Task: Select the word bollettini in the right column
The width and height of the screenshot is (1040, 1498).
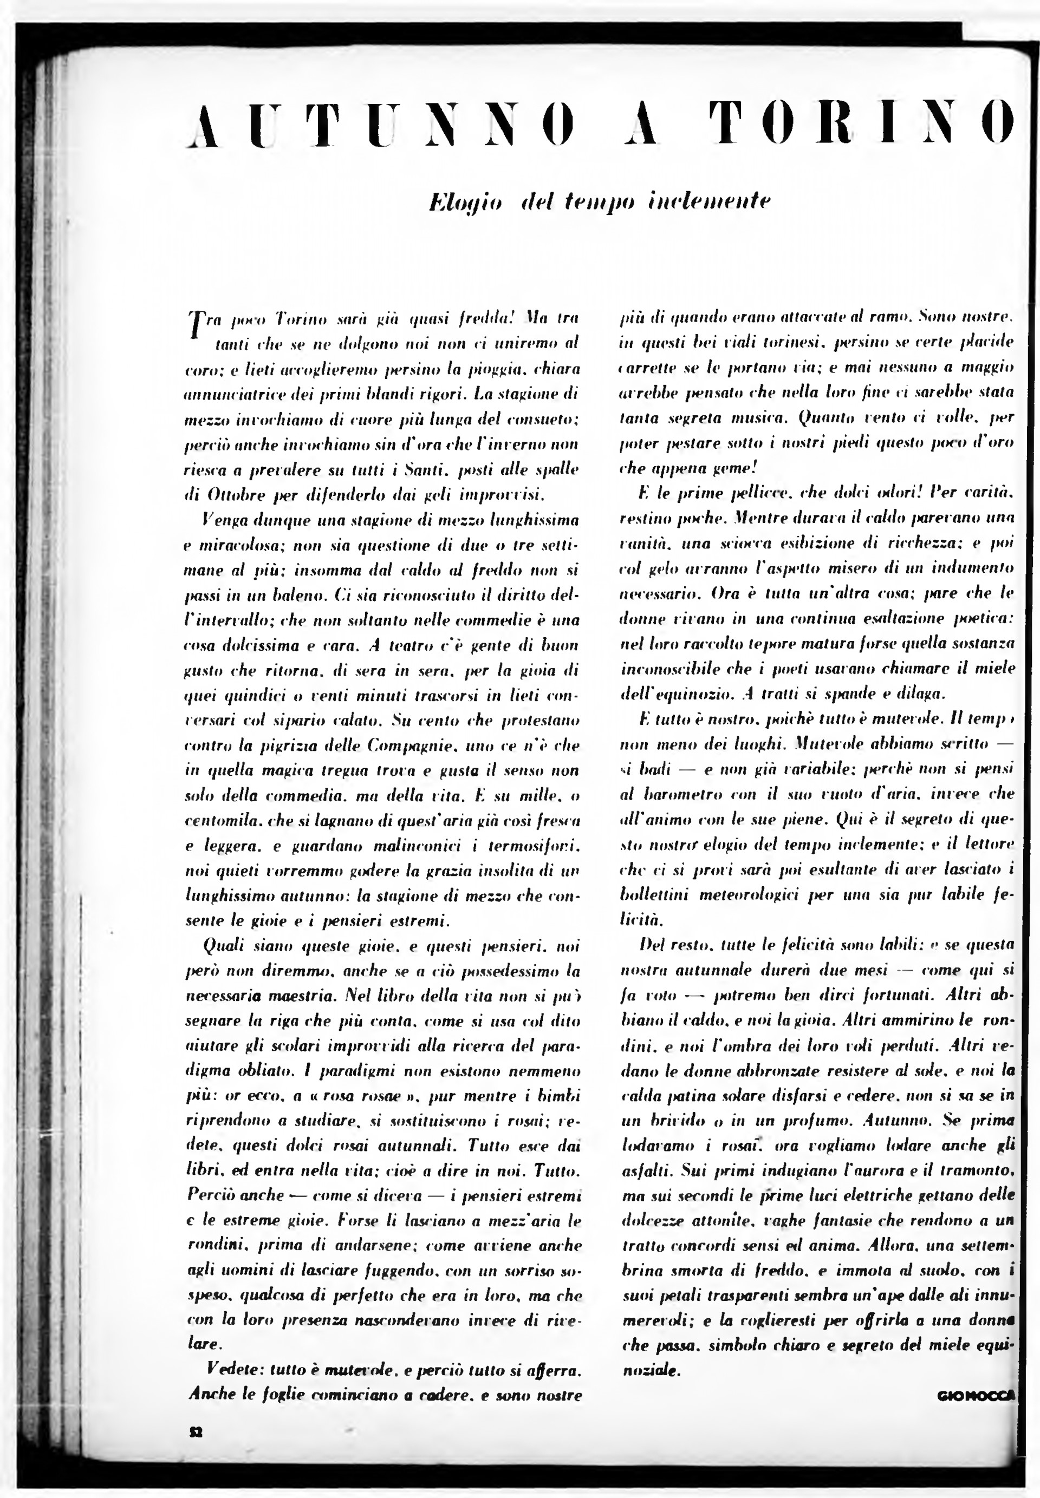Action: tap(655, 895)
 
